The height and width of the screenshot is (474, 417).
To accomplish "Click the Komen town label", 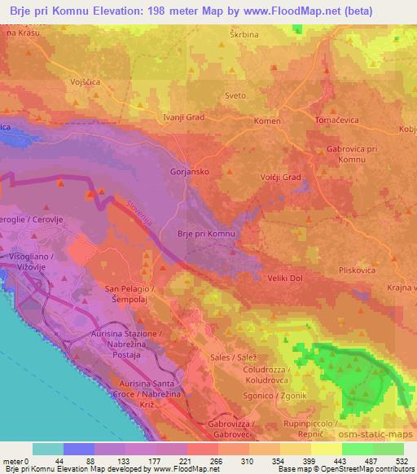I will click(x=269, y=120).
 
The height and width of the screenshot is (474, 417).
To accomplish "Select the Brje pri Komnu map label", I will click(x=206, y=234).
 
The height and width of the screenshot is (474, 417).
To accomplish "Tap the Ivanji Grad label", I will click(x=184, y=116).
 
